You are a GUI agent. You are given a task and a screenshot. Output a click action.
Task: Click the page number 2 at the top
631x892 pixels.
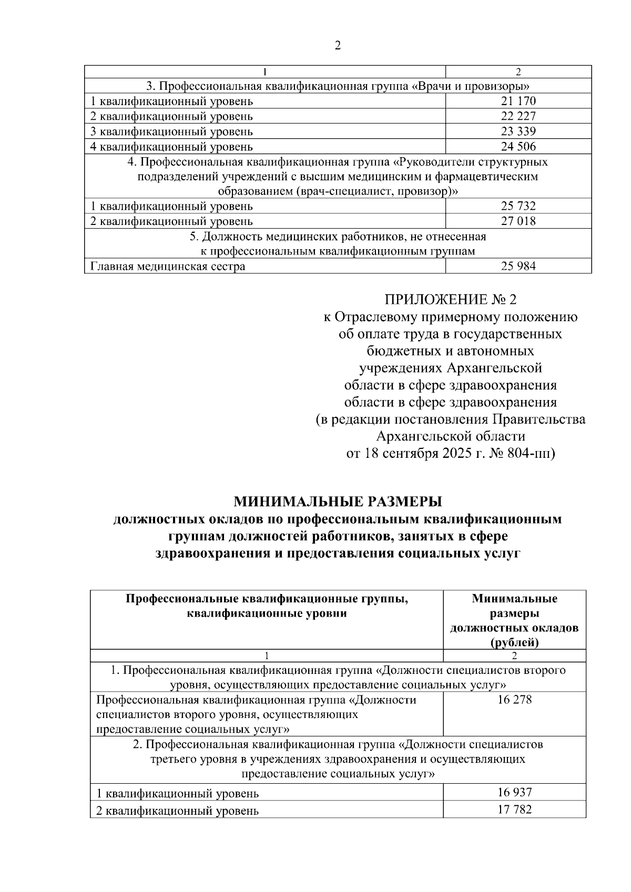[338, 46]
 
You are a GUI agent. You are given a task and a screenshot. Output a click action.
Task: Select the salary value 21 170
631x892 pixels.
[518, 101]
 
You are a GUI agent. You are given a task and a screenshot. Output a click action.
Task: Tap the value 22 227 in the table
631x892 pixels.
[518, 116]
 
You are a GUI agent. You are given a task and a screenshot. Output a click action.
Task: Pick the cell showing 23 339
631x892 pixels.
[518, 131]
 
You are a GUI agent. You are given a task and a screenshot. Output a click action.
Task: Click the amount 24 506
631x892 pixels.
[518, 147]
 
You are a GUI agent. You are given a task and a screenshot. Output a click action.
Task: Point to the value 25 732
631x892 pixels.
[518, 206]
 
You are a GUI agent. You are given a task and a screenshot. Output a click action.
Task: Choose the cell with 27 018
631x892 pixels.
[518, 221]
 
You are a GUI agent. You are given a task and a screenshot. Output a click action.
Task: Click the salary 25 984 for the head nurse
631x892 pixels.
[518, 266]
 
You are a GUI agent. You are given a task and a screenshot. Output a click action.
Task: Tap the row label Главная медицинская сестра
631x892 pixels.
[168, 266]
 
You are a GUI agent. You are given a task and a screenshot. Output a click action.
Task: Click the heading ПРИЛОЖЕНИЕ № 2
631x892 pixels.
[451, 300]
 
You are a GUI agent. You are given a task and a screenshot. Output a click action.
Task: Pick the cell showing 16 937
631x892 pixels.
[514, 792]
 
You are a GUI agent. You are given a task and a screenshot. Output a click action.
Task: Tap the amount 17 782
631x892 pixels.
[514, 809]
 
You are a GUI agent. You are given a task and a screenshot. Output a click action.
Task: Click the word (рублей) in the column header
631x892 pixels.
[514, 642]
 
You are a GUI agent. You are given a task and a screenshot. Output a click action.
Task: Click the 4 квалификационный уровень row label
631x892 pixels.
[171, 147]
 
